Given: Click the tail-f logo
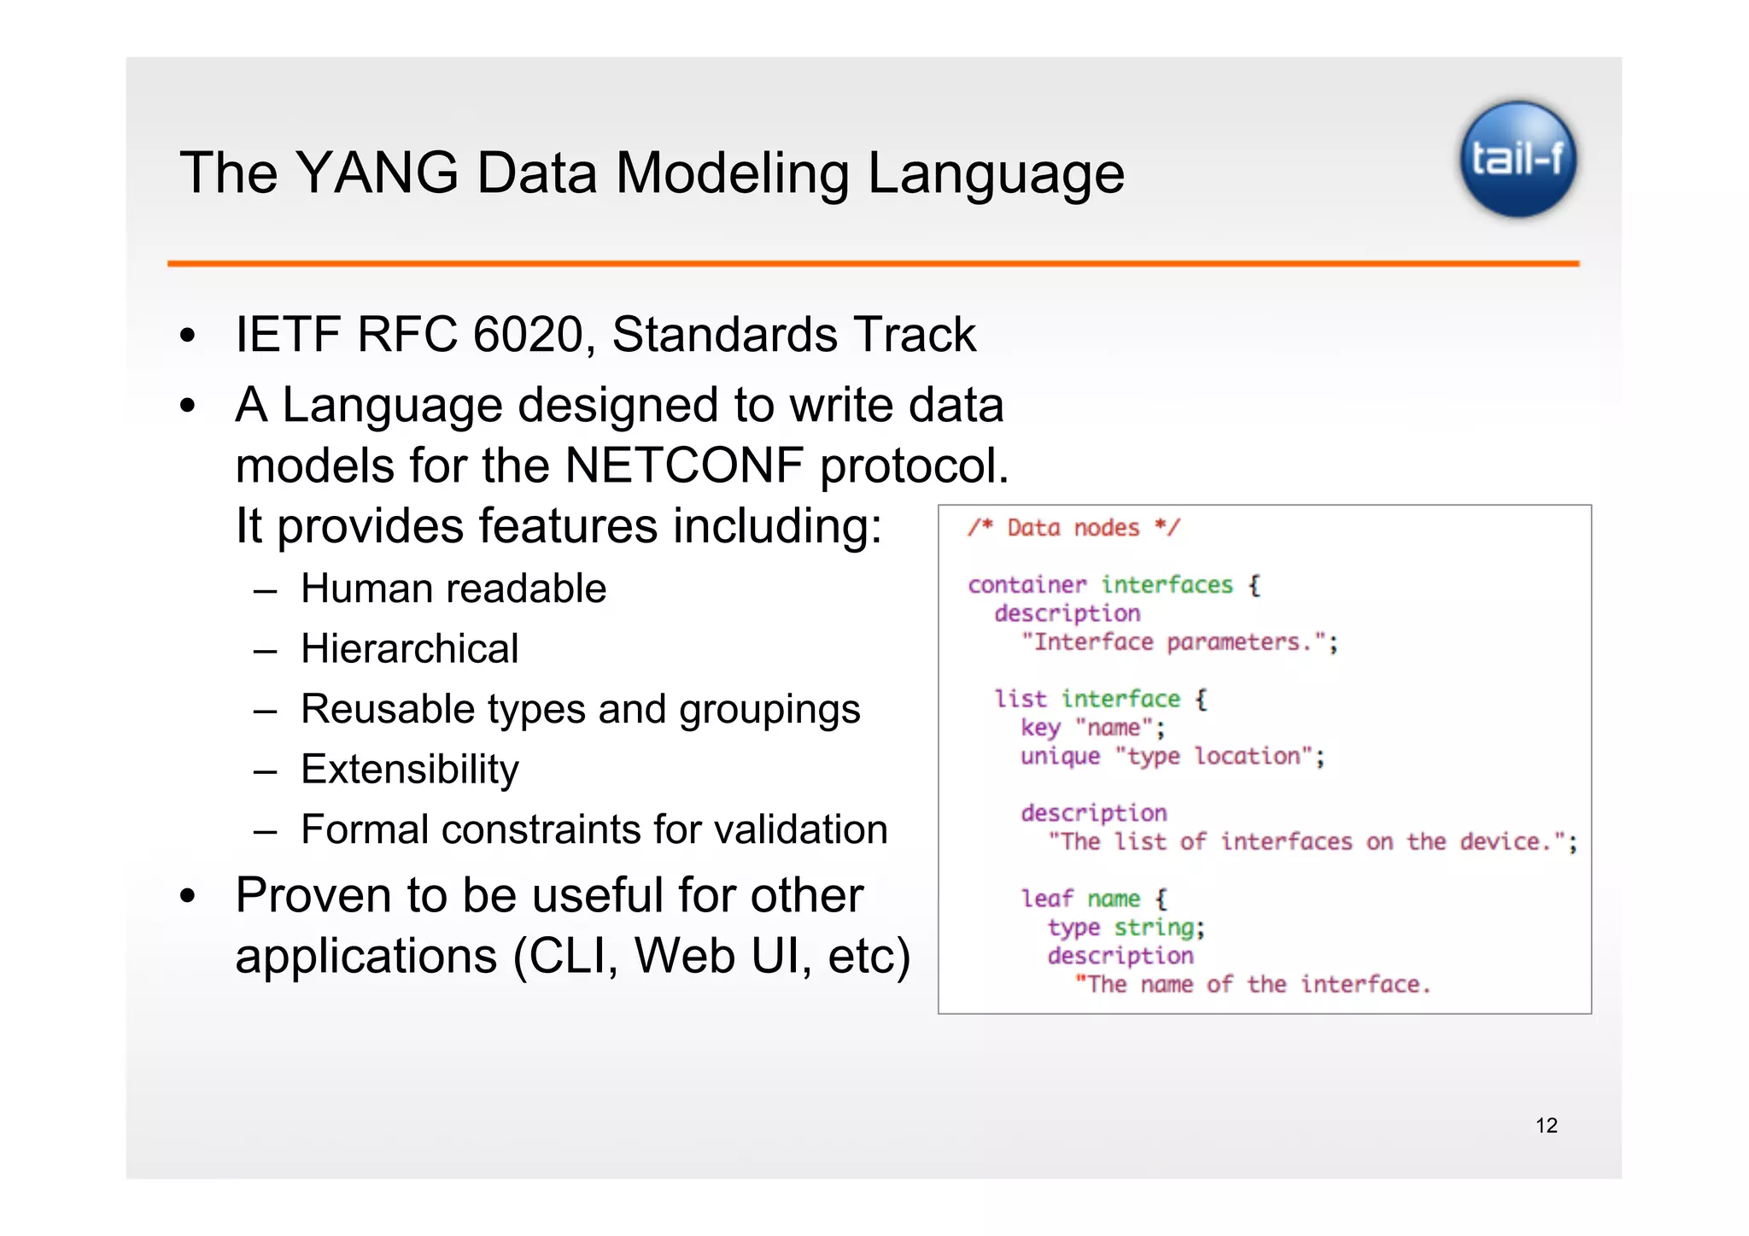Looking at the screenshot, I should tap(1518, 160).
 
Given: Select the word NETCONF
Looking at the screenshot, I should tap(684, 466).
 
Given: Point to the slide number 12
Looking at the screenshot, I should tap(1546, 1126).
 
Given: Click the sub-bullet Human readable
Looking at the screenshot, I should tap(453, 589).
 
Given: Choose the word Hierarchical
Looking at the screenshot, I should tap(410, 649).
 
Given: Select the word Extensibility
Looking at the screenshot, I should tap(410, 770).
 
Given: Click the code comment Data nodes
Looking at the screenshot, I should tap(1073, 529).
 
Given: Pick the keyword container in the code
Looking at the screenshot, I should tap(1027, 585).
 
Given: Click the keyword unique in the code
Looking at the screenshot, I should tap(1060, 757).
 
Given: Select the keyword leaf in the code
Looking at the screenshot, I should tap(1046, 899).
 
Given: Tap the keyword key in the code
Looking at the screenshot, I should tap(1039, 728).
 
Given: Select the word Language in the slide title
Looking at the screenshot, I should tap(996, 173).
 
